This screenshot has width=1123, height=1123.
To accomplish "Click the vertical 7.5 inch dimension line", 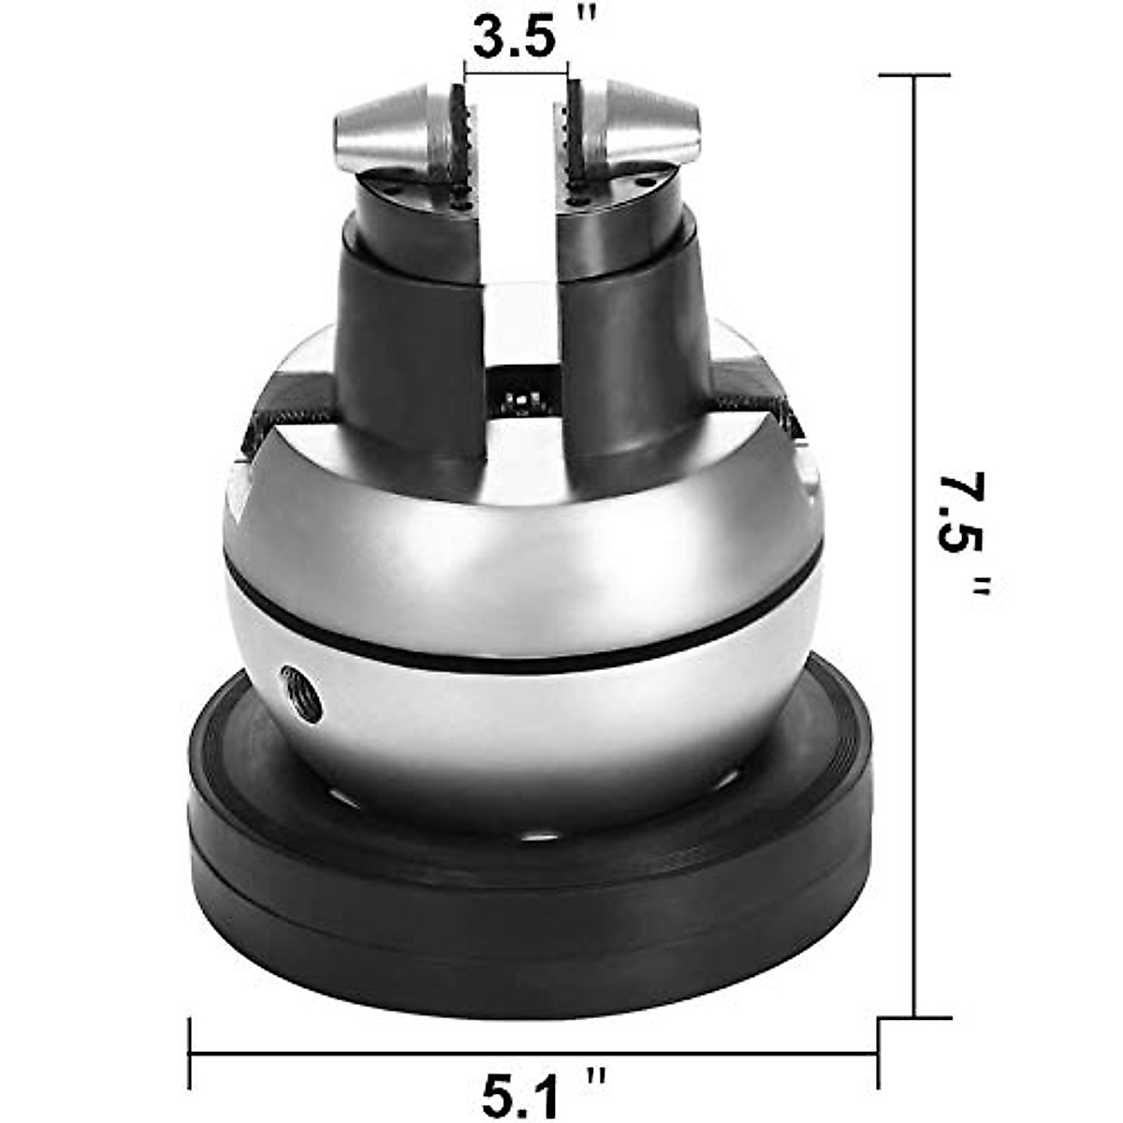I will [913, 374].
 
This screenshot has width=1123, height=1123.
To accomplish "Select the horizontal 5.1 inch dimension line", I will [533, 1054].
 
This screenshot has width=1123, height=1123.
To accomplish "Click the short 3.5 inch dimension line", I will [516, 72].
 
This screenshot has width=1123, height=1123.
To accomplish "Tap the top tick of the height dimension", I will [913, 76].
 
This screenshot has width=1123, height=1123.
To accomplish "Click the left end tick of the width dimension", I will [191, 1054].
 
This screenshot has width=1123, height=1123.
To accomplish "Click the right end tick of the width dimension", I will [878, 1054].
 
